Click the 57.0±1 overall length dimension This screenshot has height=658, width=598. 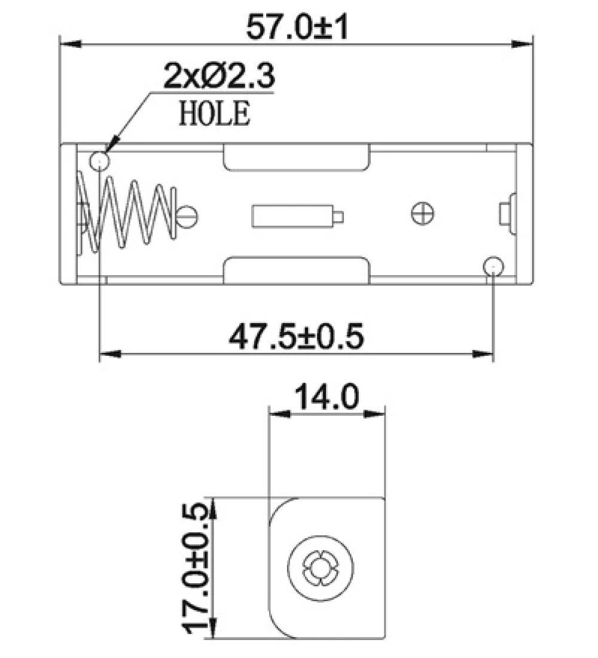(297, 27)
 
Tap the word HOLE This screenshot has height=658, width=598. (215, 113)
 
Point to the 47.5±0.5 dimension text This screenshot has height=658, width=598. (296, 337)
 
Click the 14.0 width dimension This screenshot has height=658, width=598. (327, 397)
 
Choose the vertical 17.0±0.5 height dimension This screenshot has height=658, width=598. (196, 569)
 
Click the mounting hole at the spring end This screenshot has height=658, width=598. (100, 161)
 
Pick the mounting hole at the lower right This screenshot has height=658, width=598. (493, 267)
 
